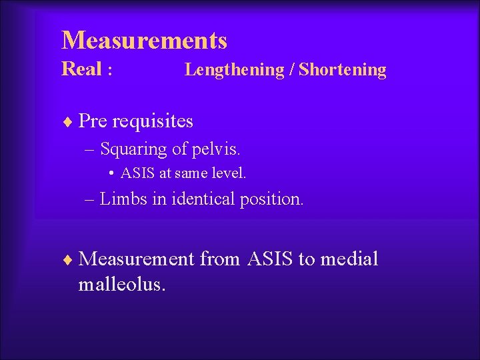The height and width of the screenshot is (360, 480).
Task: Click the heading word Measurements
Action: click(144, 41)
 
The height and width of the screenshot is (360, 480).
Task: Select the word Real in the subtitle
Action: click(81, 69)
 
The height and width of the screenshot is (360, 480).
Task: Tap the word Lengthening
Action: click(234, 70)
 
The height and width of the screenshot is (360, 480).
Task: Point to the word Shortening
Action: click(342, 70)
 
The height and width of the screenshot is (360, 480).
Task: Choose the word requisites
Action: click(153, 121)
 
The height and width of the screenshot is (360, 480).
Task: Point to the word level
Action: click(231, 174)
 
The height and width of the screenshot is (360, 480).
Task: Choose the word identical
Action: click(205, 199)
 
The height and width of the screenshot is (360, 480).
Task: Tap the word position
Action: click(272, 199)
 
